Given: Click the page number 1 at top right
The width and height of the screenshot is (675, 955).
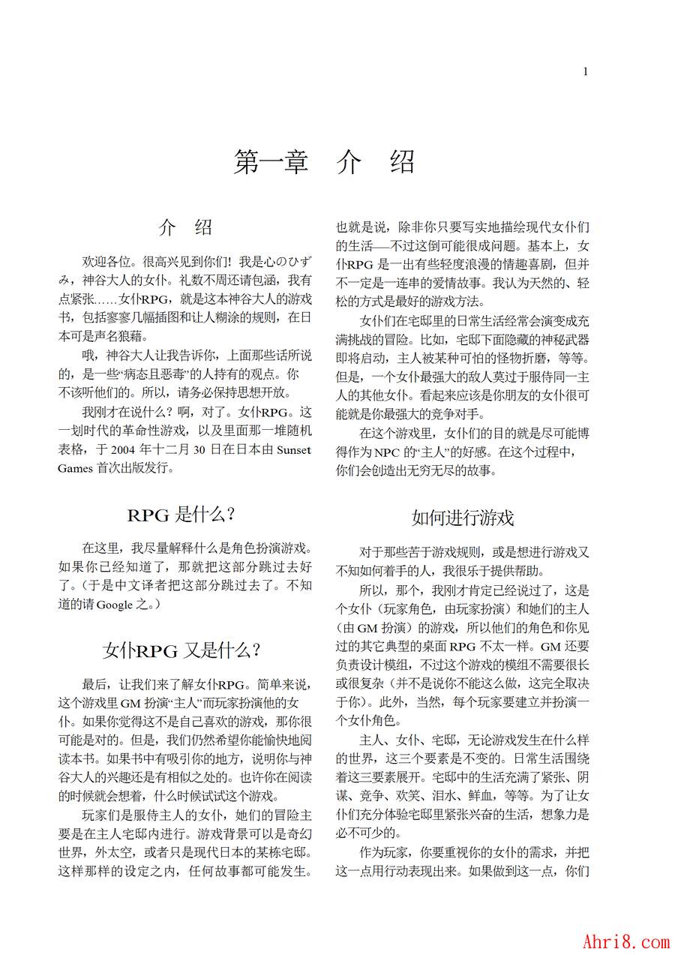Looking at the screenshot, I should [585, 71].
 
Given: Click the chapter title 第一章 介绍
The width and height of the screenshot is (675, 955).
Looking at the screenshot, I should [324, 161].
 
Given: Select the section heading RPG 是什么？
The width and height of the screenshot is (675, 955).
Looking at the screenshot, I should [182, 515].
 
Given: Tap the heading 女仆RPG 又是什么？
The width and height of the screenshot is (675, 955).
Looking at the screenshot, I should [182, 650].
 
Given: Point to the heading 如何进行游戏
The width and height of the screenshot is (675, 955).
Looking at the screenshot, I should [463, 518].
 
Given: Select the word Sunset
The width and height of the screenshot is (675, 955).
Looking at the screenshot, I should [294, 450].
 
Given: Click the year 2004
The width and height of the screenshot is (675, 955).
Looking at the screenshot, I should [125, 450].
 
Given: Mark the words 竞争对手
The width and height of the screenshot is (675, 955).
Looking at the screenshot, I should [461, 414].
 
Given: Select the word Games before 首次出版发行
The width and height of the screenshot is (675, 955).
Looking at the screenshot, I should [76, 468].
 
